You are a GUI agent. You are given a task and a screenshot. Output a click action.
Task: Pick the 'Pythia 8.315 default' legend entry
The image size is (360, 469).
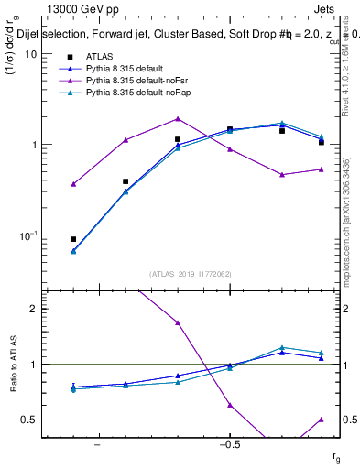(x=113, y=69)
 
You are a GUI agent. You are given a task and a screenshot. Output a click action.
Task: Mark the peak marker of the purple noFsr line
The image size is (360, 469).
(x=178, y=118)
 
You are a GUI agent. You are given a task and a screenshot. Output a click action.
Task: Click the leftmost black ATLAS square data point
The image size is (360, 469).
(x=73, y=239)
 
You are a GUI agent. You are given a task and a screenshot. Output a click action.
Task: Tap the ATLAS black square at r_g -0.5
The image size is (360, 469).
(x=230, y=129)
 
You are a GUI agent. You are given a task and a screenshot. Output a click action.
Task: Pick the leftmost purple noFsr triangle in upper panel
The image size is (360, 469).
(x=73, y=184)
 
